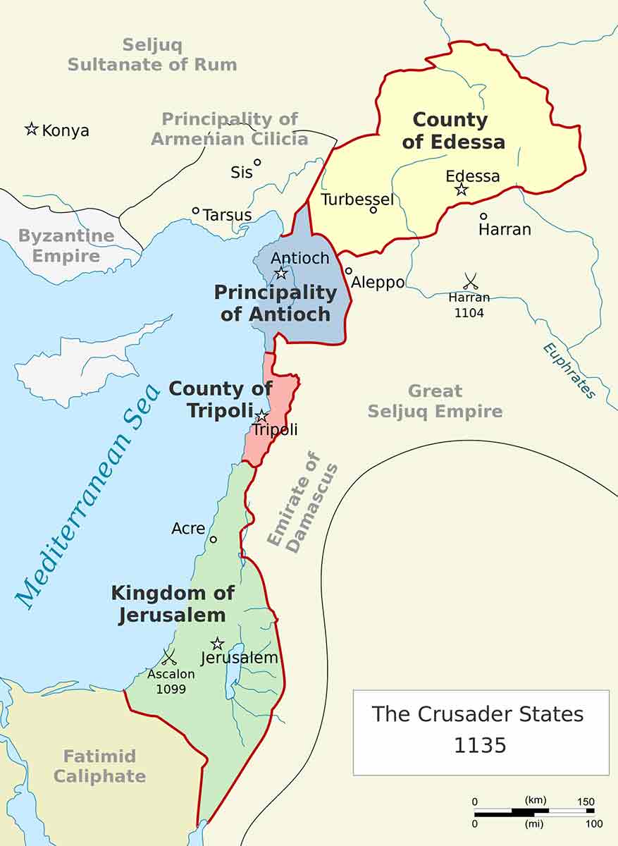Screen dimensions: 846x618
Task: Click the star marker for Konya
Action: [x=31, y=129]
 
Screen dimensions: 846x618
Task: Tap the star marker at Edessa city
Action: [x=462, y=190]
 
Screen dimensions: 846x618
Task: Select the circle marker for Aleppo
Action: [x=348, y=271]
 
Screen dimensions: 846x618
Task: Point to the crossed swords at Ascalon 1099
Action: [x=169, y=657]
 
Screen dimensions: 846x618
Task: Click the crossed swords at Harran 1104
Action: [x=470, y=281]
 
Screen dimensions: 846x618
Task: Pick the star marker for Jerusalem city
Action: [x=217, y=644]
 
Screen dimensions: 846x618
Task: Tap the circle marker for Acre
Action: [x=214, y=539]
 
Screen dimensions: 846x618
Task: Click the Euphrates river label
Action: [x=569, y=371]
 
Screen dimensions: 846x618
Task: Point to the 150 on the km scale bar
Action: [x=584, y=802]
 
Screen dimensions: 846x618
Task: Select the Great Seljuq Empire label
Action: [x=435, y=401]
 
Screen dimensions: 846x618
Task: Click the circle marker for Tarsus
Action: [x=196, y=210]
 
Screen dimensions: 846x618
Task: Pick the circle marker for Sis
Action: [x=257, y=162]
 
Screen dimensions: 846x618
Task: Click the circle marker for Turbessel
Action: [x=373, y=209]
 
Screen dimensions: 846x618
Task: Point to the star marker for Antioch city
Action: [x=280, y=273]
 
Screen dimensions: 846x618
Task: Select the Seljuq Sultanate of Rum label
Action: [x=152, y=55]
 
